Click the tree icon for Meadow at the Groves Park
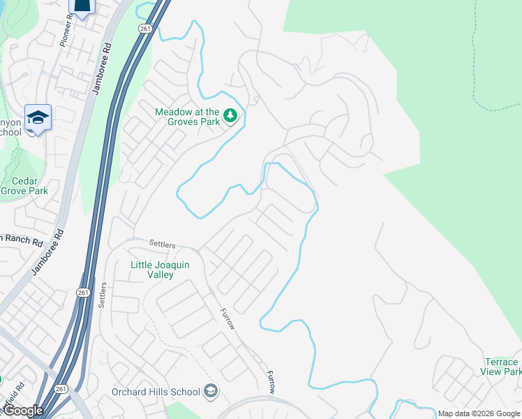point(230,116)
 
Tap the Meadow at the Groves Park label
point(187,116)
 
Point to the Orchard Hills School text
point(156,392)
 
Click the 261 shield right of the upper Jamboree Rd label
point(144,28)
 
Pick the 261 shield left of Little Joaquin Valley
point(83,293)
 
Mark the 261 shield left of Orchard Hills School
point(61,389)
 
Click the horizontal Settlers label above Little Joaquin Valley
point(163,244)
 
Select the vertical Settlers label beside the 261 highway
point(102,297)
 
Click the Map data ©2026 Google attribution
point(479,413)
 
